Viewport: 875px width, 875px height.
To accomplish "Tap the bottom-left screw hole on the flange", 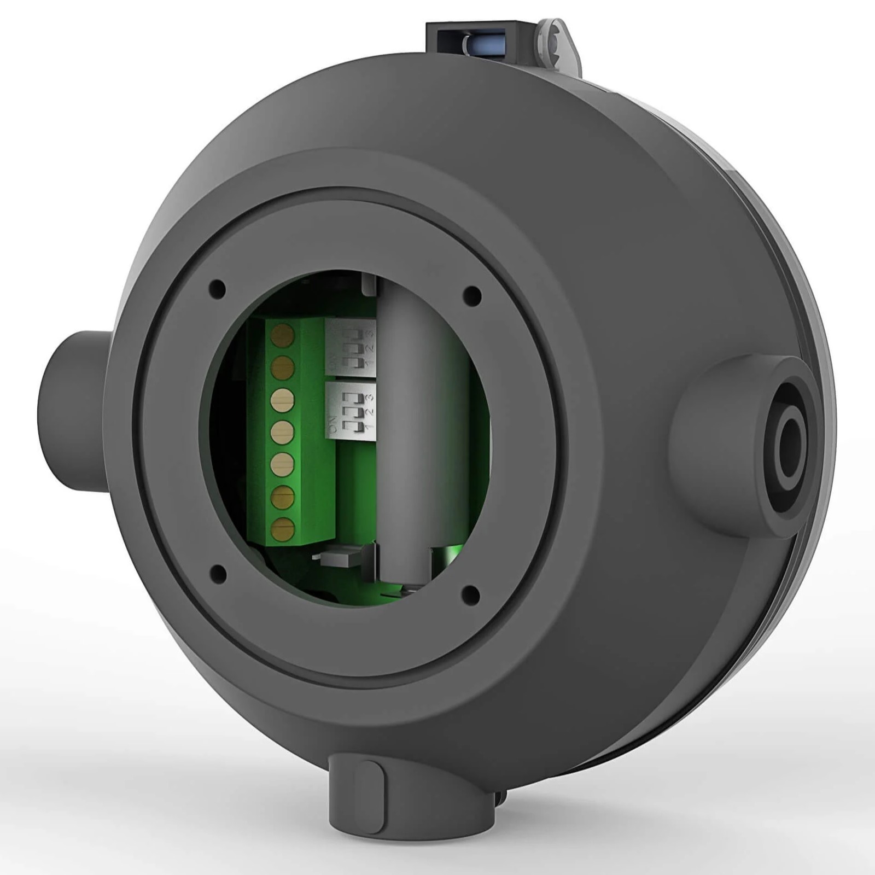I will tap(218, 573).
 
